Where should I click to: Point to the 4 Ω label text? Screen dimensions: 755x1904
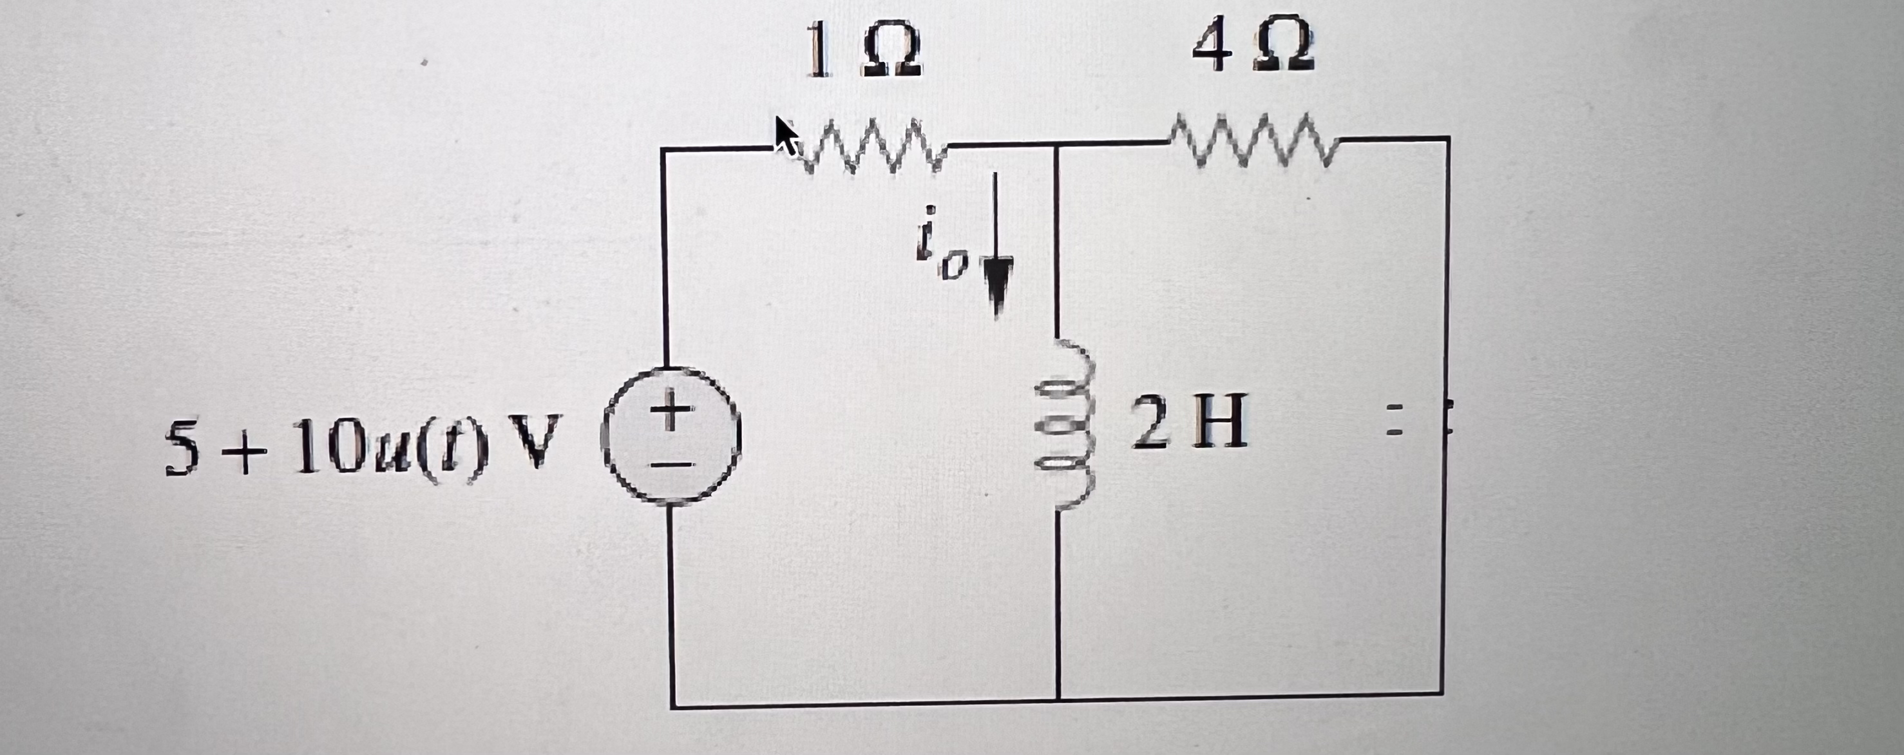(1253, 44)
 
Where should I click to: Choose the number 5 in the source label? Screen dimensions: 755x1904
(182, 449)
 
